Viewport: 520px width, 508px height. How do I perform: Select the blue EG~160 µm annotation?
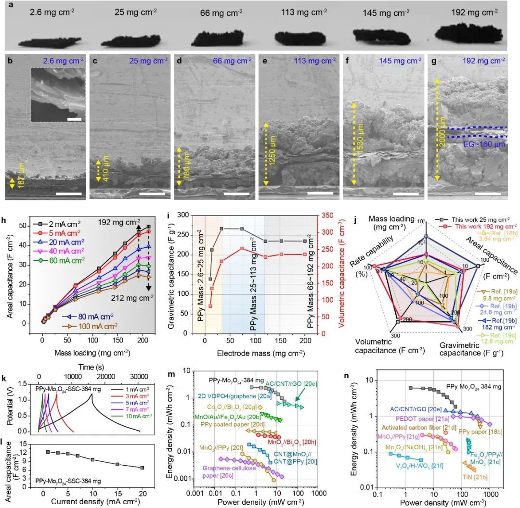(x=481, y=144)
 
